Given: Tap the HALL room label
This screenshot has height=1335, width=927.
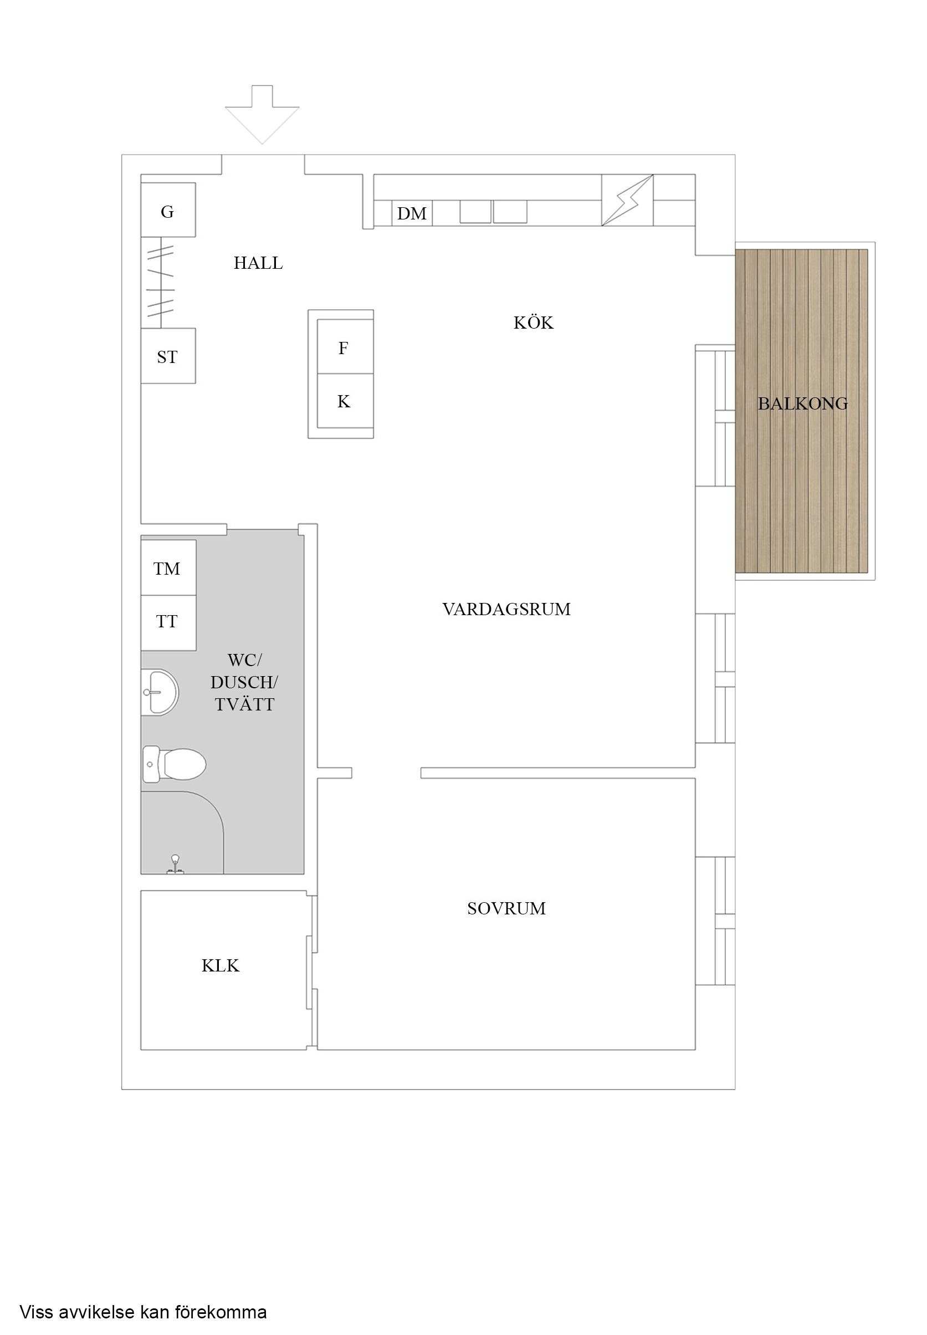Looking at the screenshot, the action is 258,263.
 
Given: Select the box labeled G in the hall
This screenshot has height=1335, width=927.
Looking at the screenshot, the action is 168,209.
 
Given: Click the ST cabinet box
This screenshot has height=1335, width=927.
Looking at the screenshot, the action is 168,356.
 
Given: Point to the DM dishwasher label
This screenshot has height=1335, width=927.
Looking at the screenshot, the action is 412,214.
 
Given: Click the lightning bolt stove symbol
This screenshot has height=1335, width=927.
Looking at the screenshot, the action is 627,200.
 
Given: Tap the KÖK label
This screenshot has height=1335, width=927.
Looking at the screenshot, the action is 533,323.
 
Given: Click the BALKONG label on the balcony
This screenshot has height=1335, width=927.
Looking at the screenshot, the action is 802,403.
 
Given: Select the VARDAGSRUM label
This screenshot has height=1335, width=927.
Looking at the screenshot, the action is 506,609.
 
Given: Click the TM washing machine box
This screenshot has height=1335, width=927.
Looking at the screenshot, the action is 168,567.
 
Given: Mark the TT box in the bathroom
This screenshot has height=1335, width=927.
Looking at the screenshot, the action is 168,622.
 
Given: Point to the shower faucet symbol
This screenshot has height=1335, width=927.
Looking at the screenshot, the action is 174,865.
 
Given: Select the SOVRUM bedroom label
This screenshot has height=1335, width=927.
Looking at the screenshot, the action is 506,908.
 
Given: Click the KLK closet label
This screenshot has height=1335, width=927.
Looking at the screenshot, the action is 220,965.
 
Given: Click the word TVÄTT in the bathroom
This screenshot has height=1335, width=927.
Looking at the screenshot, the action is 244,704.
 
